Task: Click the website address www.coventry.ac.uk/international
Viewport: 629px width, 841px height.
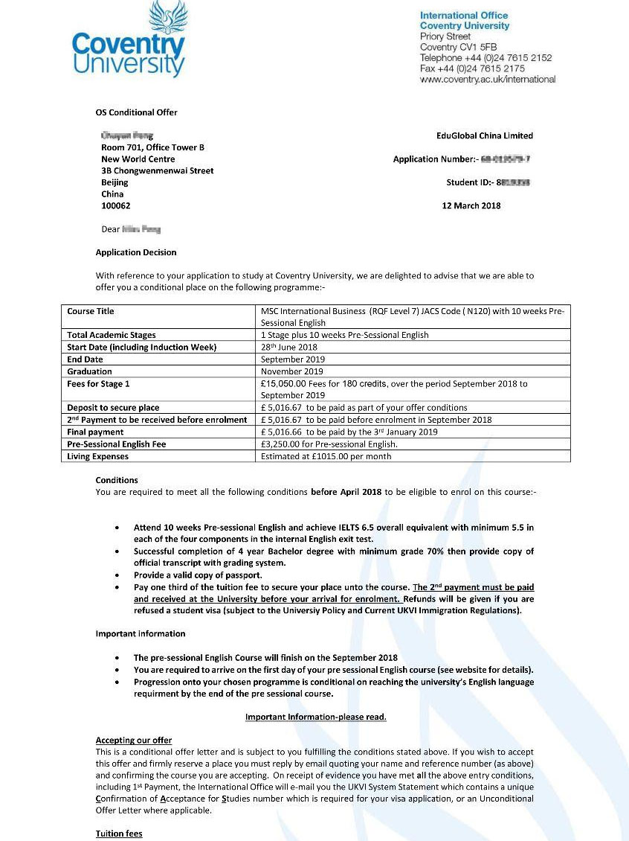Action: pyautogui.click(x=487, y=79)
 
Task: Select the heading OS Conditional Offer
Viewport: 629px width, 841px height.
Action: pyautogui.click(x=136, y=112)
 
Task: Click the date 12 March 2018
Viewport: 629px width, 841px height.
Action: pyautogui.click(x=471, y=205)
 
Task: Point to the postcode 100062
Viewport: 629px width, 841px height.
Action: pyautogui.click(x=115, y=205)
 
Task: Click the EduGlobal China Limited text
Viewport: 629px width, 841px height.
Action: pyautogui.click(x=484, y=135)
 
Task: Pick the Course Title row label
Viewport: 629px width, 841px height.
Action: pyautogui.click(x=91, y=311)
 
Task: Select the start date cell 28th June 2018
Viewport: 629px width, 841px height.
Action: pyautogui.click(x=289, y=347)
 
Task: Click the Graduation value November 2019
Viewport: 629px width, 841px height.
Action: pyautogui.click(x=292, y=371)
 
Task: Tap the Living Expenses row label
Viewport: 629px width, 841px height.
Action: pyautogui.click(x=97, y=456)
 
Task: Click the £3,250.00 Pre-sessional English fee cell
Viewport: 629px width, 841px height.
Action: pyautogui.click(x=329, y=444)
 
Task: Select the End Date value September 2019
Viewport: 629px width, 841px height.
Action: pyautogui.click(x=293, y=359)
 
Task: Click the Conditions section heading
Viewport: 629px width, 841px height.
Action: pyautogui.click(x=117, y=480)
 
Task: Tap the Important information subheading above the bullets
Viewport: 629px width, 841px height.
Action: pyautogui.click(x=141, y=633)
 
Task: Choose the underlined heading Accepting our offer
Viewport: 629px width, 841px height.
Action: pyautogui.click(x=134, y=740)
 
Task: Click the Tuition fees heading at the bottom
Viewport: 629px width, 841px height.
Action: pyautogui.click(x=119, y=834)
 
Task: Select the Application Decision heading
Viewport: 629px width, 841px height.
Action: pyautogui.click(x=136, y=252)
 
